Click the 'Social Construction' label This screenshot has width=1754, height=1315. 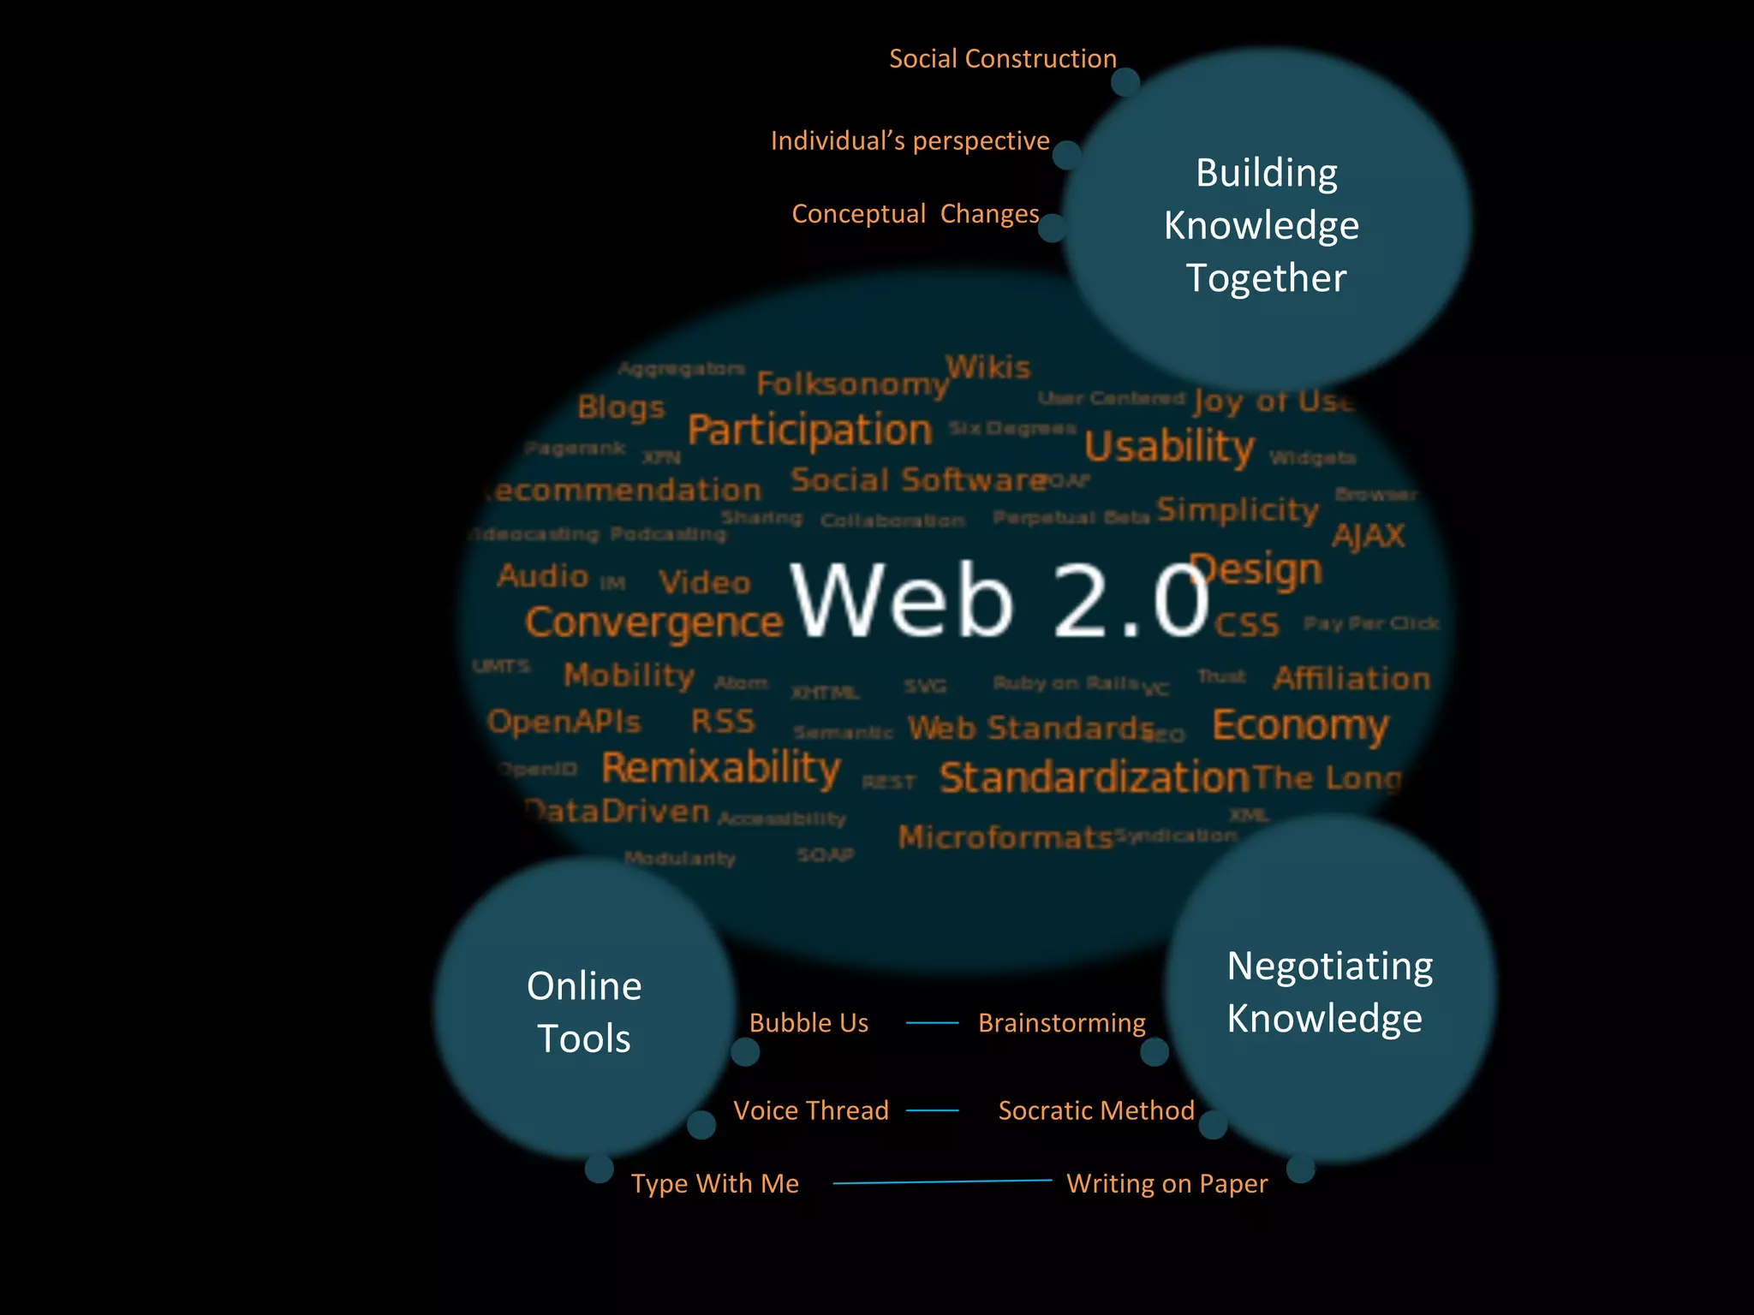tap(1002, 58)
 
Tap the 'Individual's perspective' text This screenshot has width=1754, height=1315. tap(910, 140)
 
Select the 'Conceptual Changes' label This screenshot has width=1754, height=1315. tap(915, 213)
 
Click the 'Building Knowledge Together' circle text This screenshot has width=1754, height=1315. tap(1264, 225)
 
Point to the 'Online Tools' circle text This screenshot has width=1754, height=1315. tap(584, 1012)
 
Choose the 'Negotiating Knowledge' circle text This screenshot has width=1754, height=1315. tap(1327, 991)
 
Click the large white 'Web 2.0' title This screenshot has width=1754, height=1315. tap(999, 599)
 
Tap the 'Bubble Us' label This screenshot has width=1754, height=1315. tap(808, 1022)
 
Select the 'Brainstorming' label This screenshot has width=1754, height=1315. tap(1061, 1022)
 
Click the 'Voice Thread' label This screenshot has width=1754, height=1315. tap(811, 1110)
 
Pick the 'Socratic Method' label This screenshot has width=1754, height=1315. tap(1096, 1110)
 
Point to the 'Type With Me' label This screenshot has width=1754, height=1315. tap(715, 1183)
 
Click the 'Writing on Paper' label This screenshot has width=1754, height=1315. tap(1166, 1183)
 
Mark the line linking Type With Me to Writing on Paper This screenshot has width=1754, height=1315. tap(942, 1181)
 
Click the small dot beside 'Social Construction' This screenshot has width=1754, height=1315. tap(1125, 83)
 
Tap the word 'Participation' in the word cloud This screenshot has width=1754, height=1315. tap(809, 430)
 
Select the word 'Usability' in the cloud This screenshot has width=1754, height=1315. tap(1169, 446)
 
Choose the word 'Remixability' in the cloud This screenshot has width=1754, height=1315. tap(721, 768)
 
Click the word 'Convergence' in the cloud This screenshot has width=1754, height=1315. tap(653, 623)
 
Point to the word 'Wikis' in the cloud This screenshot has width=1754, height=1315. tap(988, 367)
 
